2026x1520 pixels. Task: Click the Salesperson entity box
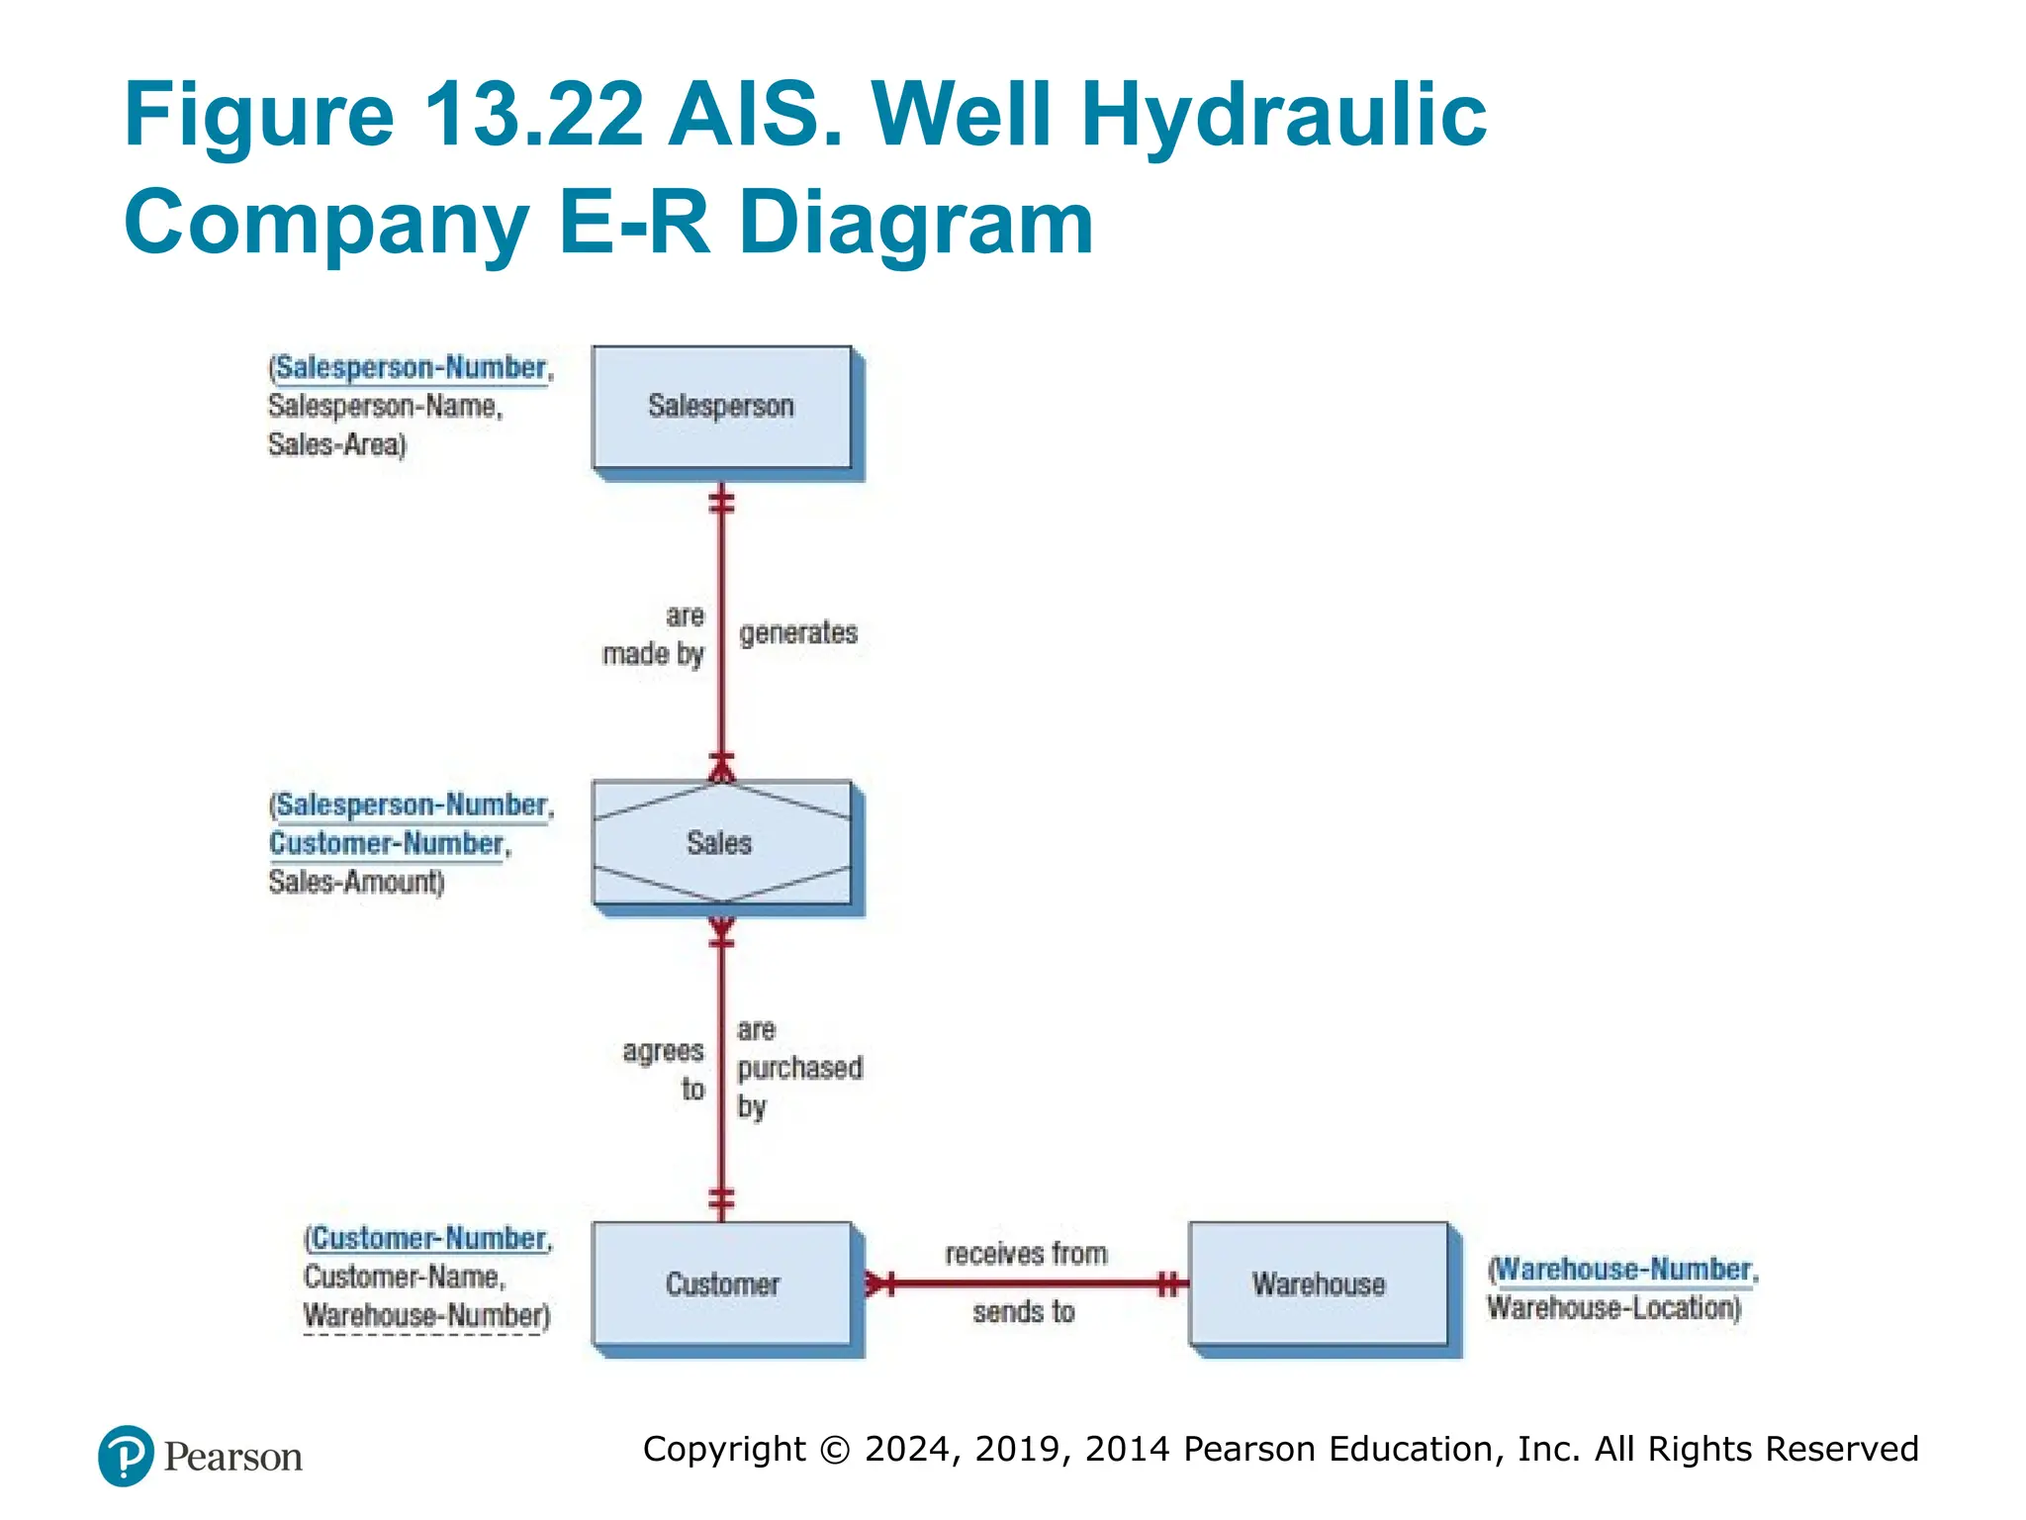pyautogui.click(x=721, y=407)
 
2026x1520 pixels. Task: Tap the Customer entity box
pyautogui.click(x=721, y=1283)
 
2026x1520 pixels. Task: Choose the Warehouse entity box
pyautogui.click(x=1318, y=1283)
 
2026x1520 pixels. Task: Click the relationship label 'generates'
pyautogui.click(x=797, y=633)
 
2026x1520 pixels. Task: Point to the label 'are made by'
pyautogui.click(x=655, y=635)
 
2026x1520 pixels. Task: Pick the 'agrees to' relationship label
pyautogui.click(x=665, y=1070)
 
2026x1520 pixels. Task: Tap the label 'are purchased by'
pyautogui.click(x=797, y=1069)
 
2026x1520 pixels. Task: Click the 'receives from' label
pyautogui.click(x=1026, y=1254)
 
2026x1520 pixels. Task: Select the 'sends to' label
pyautogui.click(x=1023, y=1312)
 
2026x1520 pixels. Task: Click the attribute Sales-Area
pyautogui.click(x=337, y=444)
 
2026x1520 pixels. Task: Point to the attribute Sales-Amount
pyautogui.click(x=356, y=882)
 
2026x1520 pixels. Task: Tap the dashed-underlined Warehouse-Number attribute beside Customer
pyautogui.click(x=426, y=1316)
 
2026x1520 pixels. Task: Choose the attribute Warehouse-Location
pyautogui.click(x=1613, y=1308)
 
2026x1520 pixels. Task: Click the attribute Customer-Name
pyautogui.click(x=404, y=1278)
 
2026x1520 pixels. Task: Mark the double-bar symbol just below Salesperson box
pyautogui.click(x=721, y=503)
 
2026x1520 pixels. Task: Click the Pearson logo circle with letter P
pyautogui.click(x=127, y=1456)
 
